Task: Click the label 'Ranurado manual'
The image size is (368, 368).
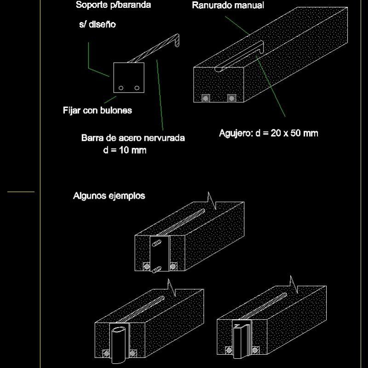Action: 228,6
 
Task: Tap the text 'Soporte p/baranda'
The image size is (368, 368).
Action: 114,6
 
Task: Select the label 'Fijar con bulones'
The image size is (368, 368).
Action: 98,110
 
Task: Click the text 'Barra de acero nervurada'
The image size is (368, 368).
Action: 133,138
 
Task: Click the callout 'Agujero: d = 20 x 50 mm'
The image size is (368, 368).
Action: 268,133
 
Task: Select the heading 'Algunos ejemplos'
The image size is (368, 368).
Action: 109,196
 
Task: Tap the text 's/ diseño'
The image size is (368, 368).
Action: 98,25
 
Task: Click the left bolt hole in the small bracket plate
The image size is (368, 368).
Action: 121,88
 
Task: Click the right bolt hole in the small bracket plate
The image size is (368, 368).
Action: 137,88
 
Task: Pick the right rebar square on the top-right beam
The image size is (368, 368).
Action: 232,98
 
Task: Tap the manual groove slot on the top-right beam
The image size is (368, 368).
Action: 239,57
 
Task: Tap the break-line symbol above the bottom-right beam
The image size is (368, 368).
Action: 292,284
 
